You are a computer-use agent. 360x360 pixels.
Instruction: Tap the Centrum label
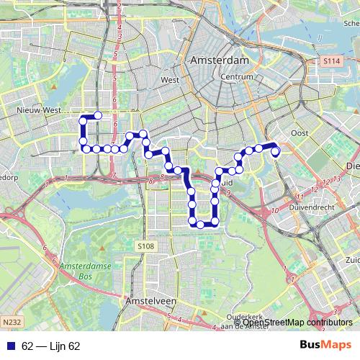coord(237,76)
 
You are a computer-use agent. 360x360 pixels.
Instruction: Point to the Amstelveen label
coord(149,300)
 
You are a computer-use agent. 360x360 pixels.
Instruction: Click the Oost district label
coord(299,133)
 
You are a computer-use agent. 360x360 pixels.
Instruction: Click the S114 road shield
coord(330,62)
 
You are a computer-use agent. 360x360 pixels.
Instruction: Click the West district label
coord(170,80)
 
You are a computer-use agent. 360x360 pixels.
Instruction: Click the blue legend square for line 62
coord(10,346)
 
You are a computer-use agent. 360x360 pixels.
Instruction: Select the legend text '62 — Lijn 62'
coord(50,346)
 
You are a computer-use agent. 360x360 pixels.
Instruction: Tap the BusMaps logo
coord(325,346)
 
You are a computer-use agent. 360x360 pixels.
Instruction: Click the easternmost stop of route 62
coord(275,150)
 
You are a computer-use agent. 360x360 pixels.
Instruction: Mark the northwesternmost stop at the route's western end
coord(97,116)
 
